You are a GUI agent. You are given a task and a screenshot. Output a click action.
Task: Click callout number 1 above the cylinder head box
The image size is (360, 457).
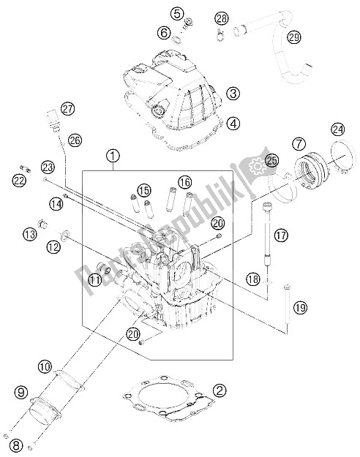pos(113,155)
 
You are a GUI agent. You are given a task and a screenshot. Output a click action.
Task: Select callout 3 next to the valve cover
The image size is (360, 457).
pos(233,93)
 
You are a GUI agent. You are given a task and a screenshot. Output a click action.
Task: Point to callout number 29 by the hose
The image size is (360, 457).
pos(293,37)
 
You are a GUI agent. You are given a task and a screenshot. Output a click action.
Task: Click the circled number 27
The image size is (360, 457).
pos(68,109)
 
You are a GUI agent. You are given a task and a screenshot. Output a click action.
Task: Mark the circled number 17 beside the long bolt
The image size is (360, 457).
pos(280,235)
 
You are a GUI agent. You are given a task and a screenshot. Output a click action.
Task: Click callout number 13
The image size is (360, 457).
pos(29,234)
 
